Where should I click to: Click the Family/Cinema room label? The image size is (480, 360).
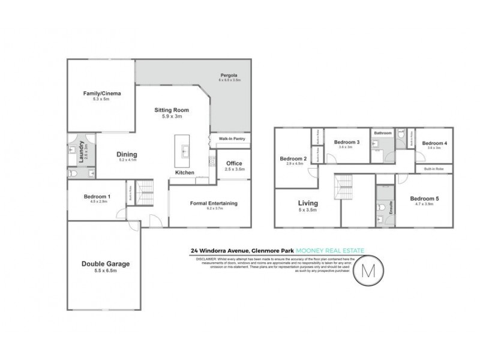[x=100, y=94]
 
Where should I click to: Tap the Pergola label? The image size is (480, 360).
[x=229, y=76]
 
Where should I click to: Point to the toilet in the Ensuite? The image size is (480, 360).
[x=381, y=209]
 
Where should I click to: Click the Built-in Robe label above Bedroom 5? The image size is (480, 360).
[x=434, y=169]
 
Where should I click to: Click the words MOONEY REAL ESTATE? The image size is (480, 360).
[x=337, y=251]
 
